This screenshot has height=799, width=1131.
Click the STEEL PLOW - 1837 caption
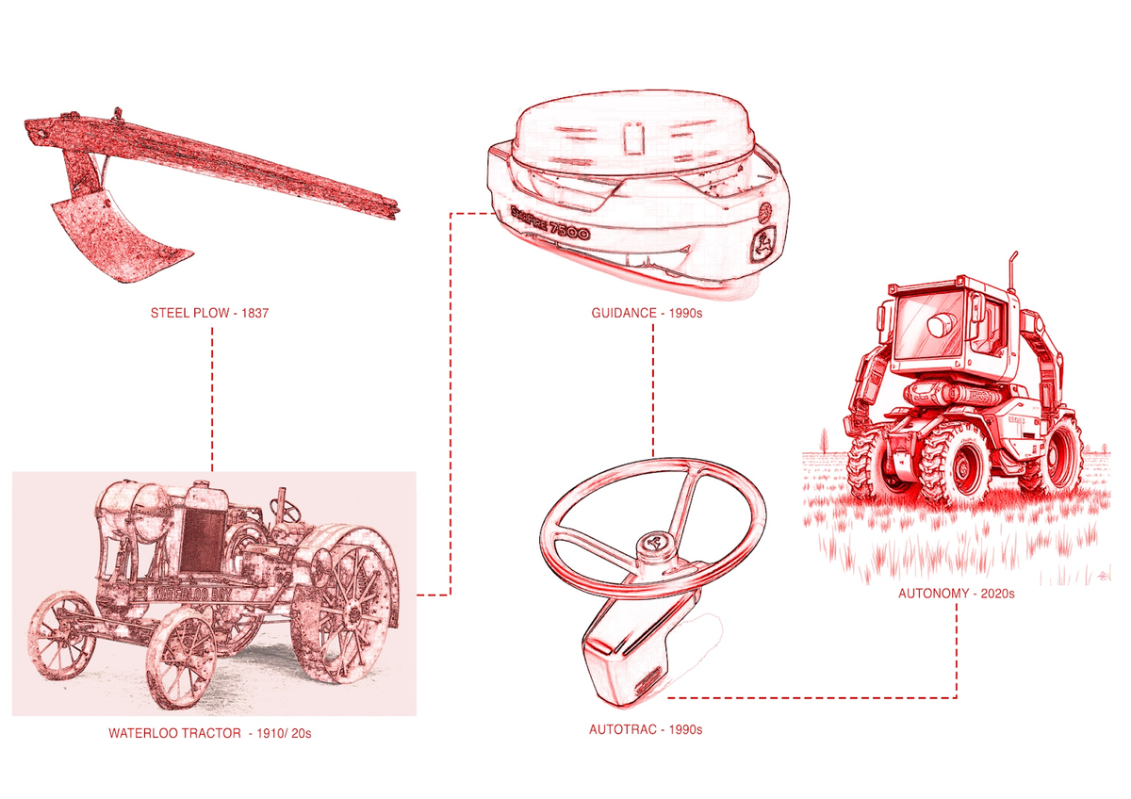210,313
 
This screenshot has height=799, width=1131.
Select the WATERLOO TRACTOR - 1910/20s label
209,732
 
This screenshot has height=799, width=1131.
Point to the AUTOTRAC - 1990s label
646,729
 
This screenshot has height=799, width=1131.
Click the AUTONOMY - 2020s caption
956,594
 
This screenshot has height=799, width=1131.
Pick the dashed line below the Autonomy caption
957,650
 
